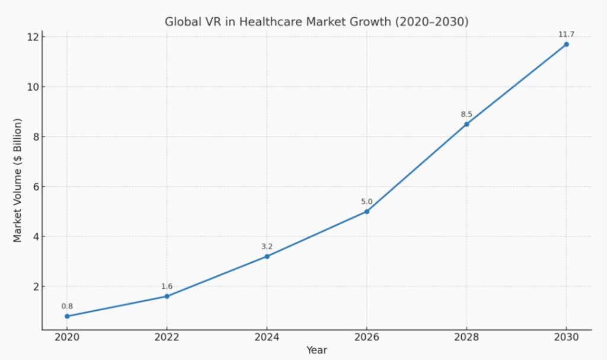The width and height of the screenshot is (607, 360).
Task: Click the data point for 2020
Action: (x=67, y=316)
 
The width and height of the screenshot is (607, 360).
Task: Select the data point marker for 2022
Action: (x=167, y=296)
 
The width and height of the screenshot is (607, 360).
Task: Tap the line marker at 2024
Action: (x=267, y=256)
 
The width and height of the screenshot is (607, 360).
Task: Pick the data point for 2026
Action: (x=367, y=211)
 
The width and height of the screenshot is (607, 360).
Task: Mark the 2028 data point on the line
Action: (x=467, y=124)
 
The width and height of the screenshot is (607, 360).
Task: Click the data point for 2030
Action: (x=566, y=44)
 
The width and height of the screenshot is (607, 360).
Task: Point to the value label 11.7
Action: (x=566, y=34)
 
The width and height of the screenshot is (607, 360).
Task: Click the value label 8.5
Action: (x=467, y=114)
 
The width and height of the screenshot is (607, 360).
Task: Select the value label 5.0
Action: (x=367, y=202)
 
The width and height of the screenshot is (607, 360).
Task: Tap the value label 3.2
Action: (x=267, y=247)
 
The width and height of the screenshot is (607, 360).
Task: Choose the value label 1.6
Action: (x=167, y=286)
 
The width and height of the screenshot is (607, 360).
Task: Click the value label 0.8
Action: (x=67, y=307)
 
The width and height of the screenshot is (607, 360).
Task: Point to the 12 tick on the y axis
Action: (x=32, y=37)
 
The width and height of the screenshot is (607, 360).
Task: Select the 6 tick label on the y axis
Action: (x=34, y=187)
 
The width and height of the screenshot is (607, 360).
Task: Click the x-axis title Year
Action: (x=317, y=350)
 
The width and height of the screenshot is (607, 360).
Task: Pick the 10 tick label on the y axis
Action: (x=32, y=87)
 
